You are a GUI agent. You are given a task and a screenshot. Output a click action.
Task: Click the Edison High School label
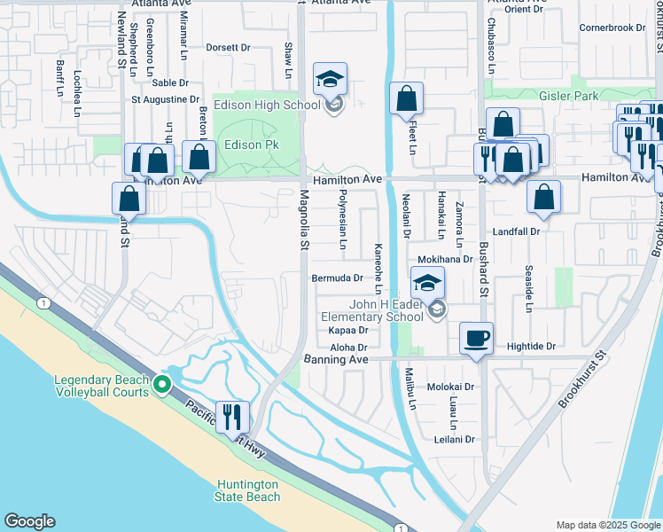point(279,106)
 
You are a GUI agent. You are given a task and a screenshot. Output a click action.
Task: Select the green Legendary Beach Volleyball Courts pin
point(161,384)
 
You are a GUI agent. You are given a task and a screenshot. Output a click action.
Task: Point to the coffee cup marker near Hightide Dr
point(477,338)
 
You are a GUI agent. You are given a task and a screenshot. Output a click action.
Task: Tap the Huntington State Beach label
point(249,490)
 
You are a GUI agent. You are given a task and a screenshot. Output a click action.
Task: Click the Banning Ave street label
point(336,360)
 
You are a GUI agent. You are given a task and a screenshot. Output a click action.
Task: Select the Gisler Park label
point(570,96)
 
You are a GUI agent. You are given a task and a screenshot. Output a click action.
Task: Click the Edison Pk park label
point(255,145)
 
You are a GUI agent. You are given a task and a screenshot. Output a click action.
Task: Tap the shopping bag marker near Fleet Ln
point(406,99)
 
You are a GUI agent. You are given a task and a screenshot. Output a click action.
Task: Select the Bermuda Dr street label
point(338,278)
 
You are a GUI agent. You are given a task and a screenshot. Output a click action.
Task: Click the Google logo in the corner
point(29,521)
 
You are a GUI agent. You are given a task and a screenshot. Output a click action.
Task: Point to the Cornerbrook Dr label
point(612,27)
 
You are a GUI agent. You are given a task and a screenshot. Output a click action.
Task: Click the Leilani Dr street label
point(456,439)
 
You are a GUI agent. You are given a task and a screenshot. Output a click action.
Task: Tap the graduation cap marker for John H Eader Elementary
point(427,284)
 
